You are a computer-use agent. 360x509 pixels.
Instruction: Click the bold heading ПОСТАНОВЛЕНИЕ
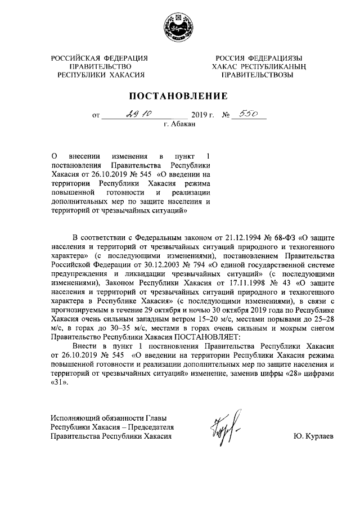tap(180, 95)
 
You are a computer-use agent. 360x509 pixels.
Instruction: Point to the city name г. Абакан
tap(179, 124)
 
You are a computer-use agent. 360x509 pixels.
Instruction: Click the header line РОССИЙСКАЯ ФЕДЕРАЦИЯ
tap(99, 58)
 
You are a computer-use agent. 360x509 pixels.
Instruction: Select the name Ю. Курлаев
tap(313, 436)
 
